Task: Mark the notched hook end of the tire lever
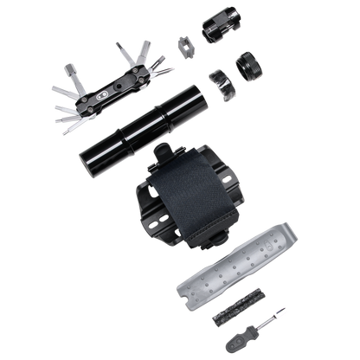click(x=294, y=232)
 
